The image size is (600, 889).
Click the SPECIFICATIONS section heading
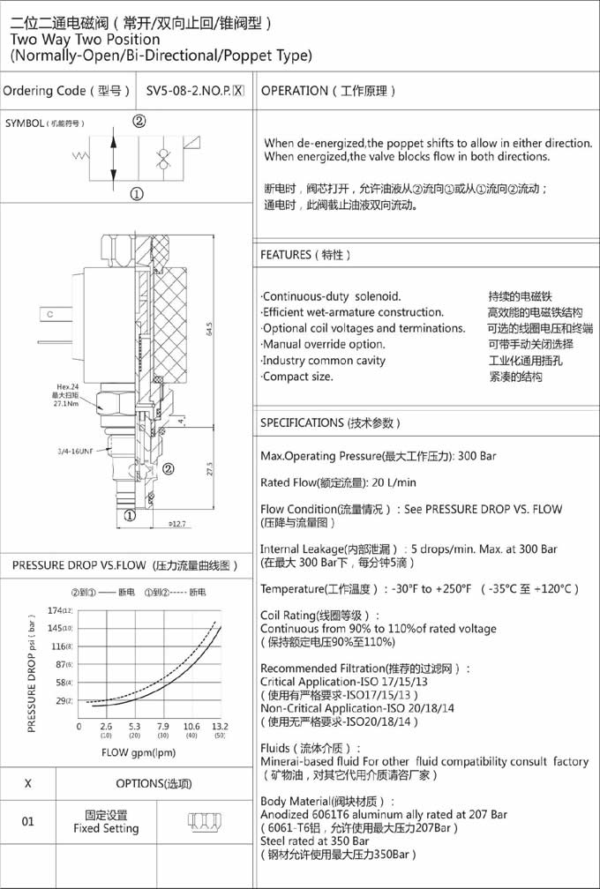point(327,423)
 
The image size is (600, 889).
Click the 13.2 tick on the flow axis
point(220,726)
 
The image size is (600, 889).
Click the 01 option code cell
point(28,821)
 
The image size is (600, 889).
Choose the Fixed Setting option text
point(106,829)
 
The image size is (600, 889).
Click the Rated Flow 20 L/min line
point(339,482)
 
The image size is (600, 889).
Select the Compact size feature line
point(298,377)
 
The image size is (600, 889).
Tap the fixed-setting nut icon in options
point(203,821)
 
